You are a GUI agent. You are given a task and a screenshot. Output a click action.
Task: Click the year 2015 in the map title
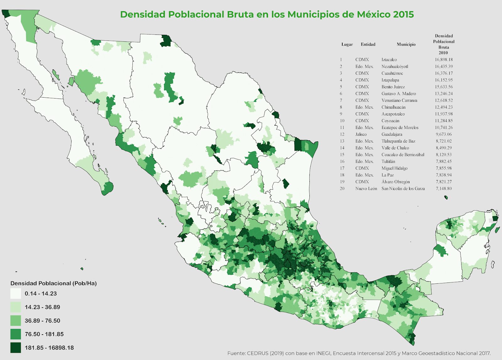click(403, 14)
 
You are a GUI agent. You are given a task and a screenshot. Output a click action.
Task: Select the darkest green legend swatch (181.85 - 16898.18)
click(16, 347)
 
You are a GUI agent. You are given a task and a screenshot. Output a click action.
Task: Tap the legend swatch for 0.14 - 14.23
click(16, 293)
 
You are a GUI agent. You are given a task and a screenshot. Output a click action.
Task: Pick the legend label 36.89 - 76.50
click(42, 320)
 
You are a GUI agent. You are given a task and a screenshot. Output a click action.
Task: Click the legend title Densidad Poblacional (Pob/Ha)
click(53, 283)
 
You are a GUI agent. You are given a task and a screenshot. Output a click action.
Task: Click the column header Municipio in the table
click(406, 44)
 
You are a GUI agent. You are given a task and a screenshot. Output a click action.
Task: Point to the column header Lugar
click(347, 44)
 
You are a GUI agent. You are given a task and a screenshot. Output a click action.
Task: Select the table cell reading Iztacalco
click(389, 60)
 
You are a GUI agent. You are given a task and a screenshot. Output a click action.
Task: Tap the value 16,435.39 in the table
click(444, 67)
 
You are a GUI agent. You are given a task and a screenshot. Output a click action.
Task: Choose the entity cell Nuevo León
click(366, 189)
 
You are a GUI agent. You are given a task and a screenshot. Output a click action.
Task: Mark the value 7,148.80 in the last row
click(444, 189)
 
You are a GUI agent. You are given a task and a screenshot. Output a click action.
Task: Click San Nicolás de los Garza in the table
click(403, 189)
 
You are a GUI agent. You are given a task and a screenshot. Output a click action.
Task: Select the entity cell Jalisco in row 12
click(361, 134)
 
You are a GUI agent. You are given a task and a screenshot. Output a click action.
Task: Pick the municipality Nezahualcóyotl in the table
click(395, 67)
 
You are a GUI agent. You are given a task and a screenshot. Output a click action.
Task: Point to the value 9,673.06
click(444, 134)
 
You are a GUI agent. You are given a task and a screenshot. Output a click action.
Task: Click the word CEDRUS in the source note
click(258, 353)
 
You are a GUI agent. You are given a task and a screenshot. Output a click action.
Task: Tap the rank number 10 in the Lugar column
click(342, 121)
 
